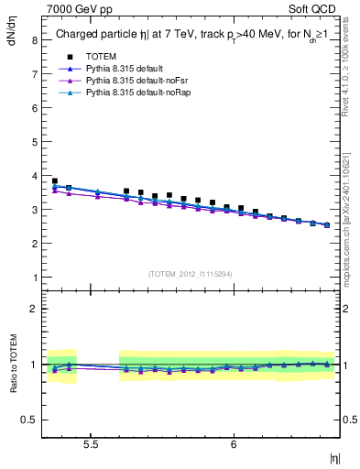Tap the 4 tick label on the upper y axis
click(33, 176)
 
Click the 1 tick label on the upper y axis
click(33, 278)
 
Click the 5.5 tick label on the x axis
click(91, 444)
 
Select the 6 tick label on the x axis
click(234, 444)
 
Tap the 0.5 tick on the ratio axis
click(29, 420)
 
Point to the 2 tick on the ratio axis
click(33, 309)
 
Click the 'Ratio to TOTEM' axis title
click(13, 365)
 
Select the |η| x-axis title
click(334, 457)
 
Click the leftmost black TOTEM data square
click(54, 181)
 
